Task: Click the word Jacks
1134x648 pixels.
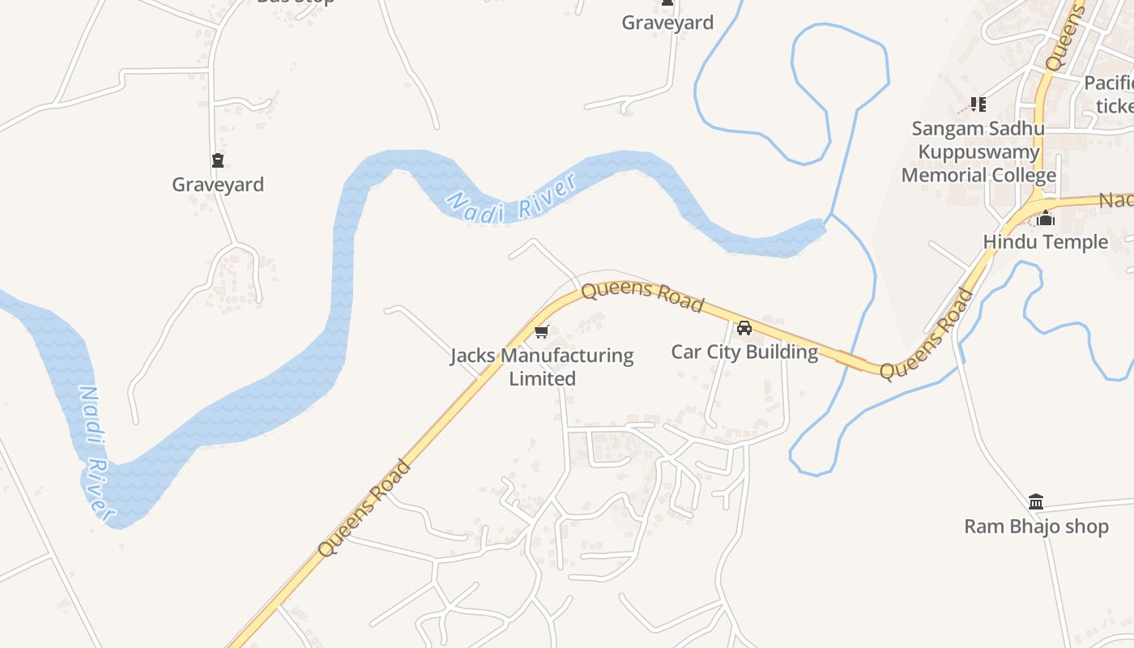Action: tap(474, 356)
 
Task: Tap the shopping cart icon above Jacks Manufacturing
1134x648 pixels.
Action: tap(542, 331)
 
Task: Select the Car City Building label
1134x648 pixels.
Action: tap(744, 352)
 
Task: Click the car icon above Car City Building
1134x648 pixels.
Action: tap(744, 328)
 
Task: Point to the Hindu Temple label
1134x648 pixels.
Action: tap(1045, 241)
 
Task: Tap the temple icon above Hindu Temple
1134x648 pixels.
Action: tap(1046, 219)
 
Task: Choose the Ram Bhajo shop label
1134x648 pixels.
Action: tap(1036, 526)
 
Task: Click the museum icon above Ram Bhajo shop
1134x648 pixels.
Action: tap(1036, 501)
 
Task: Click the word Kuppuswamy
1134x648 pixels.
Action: tap(978, 151)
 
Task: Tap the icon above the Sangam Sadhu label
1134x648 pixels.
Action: tap(978, 104)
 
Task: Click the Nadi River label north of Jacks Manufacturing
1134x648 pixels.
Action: tap(512, 199)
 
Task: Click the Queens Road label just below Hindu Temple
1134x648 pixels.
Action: tap(927, 335)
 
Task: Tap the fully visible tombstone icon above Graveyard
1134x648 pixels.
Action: tap(218, 160)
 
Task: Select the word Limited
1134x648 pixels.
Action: tap(542, 378)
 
